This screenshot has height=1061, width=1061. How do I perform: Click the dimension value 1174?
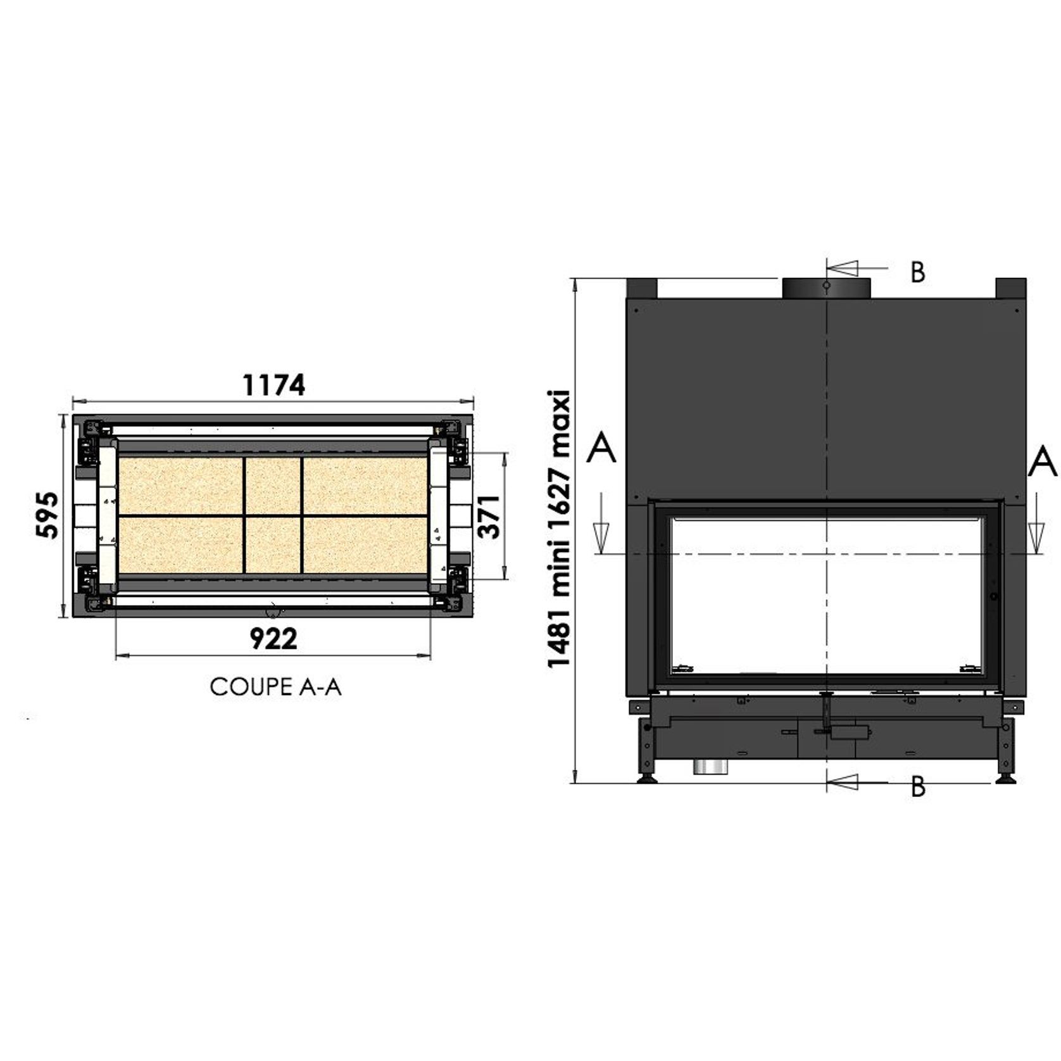[273, 385]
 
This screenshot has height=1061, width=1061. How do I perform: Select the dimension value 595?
[47, 515]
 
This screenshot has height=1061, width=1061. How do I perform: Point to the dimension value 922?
[273, 639]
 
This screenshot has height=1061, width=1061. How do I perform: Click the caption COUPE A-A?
[275, 687]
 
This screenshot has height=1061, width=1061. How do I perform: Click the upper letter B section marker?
[918, 272]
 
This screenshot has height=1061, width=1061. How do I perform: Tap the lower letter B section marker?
[918, 786]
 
